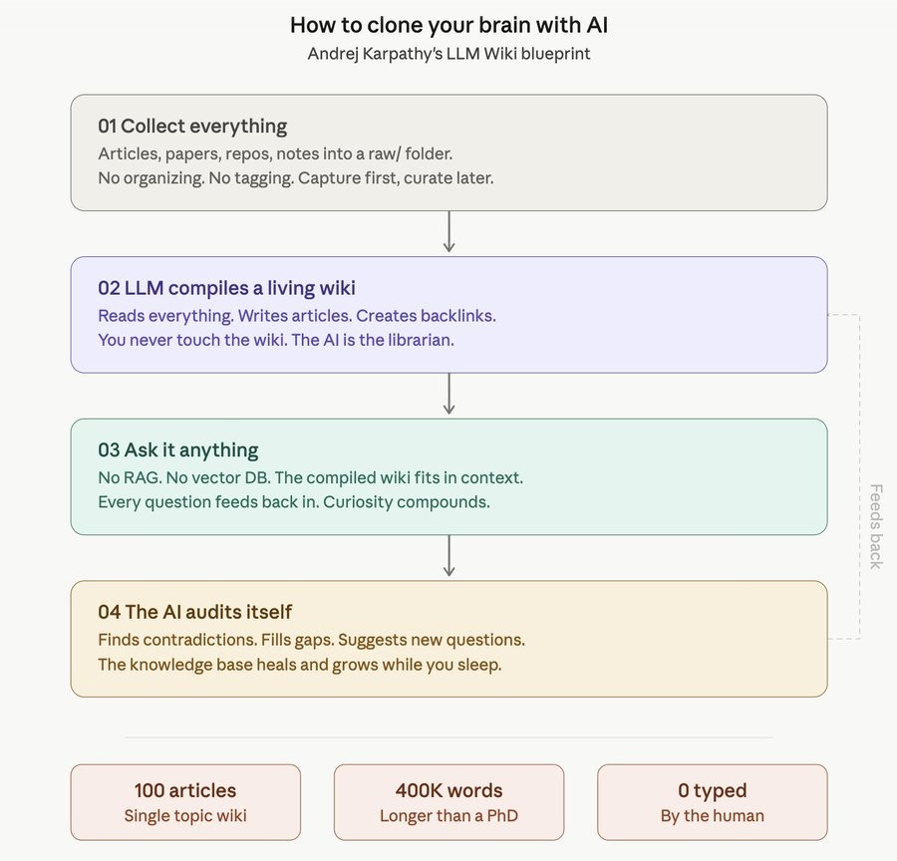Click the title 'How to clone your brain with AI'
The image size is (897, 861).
coord(448,24)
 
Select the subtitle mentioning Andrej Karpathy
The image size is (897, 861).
coord(448,54)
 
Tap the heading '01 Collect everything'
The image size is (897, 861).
coord(192,126)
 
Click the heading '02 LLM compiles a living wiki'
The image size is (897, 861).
coord(226,288)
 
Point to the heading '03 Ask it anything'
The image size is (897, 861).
coord(177,449)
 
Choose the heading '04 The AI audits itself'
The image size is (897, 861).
coord(194,612)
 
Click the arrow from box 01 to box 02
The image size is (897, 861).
coord(448,232)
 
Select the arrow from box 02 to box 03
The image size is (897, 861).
coord(448,395)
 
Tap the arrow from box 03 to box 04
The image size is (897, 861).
coord(448,556)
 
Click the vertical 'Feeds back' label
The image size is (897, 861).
coord(875,526)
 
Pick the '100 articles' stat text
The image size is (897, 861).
coord(185,790)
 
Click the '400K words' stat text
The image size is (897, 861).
coord(448,790)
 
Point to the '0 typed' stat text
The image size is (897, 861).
coord(712,790)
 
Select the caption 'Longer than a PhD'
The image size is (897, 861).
coord(448,816)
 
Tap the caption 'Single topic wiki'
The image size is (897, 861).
coord(185,816)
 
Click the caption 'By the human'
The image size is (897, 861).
coord(712,816)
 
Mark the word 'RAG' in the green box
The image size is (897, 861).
coord(143,477)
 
